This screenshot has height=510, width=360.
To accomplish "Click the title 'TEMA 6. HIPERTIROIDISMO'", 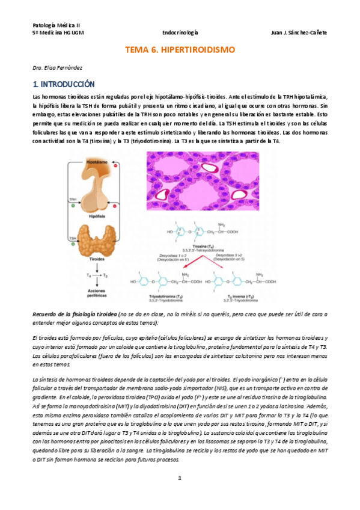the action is pyautogui.click(x=180, y=51).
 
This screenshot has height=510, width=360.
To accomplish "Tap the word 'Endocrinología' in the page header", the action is pyautogui.click(x=181, y=32).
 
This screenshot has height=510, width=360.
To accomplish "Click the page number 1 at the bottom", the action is pyautogui.click(x=179, y=478).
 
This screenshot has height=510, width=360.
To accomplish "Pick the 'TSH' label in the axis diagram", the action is pyautogui.click(x=73, y=238).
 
